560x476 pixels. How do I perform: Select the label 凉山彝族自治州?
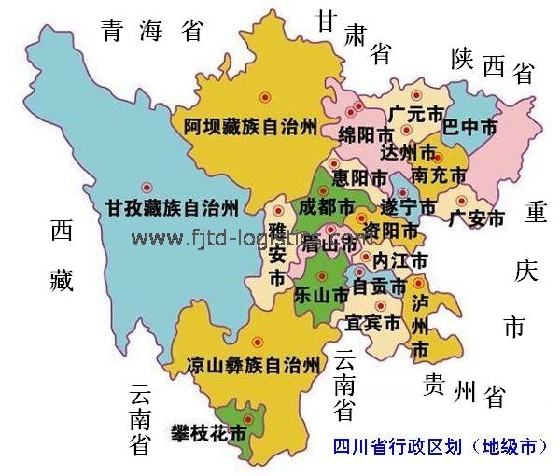[254, 364]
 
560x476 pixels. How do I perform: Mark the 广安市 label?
[476, 219]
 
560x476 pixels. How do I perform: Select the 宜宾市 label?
[372, 323]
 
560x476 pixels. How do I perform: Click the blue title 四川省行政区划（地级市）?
[440, 447]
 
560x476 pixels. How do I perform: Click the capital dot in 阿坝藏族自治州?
[265, 96]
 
